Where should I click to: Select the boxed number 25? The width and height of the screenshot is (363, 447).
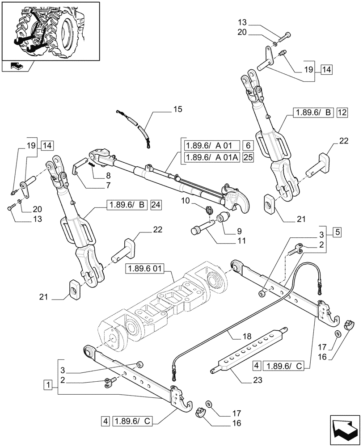point(248,157)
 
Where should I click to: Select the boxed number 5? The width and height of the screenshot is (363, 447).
point(338,232)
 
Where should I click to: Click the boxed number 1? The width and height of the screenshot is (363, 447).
point(47,384)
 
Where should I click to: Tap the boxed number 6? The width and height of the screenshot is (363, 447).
point(248,145)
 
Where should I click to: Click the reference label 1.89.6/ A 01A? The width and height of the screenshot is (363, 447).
point(211,157)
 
